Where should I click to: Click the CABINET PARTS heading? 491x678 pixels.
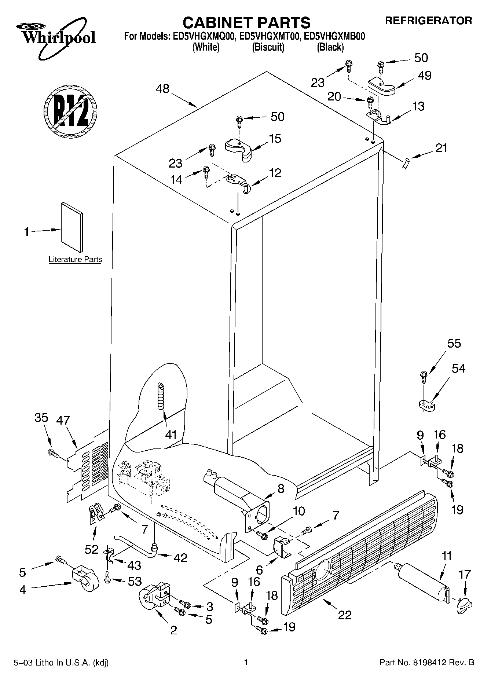click(246, 23)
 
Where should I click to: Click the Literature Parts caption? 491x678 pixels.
click(75, 260)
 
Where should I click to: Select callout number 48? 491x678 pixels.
click(162, 89)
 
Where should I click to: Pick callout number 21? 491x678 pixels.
click(441, 149)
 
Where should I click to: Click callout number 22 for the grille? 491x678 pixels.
click(345, 615)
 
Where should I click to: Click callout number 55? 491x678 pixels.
click(454, 344)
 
